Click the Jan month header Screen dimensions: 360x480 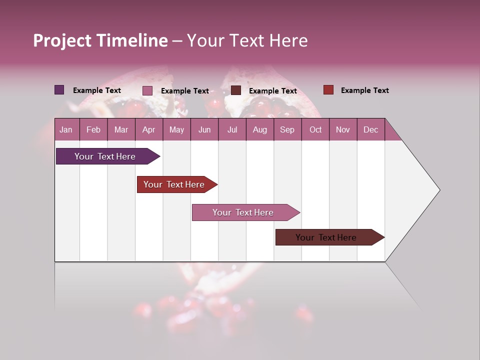pos(66,129)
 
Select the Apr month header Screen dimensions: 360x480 pos(148,129)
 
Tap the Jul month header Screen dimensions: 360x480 pos(232,129)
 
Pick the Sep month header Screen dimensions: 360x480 pos(287,129)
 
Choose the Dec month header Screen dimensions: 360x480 pos(370,129)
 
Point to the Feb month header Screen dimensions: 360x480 pos(93,129)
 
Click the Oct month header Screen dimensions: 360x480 pos(315,129)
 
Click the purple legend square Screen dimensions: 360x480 pos(59,90)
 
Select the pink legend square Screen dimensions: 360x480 pos(147,90)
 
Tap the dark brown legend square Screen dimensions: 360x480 pos(236,90)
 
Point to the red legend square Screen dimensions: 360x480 pos(328,90)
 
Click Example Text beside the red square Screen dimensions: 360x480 pos(364,90)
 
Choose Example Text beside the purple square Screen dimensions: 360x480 pos(96,90)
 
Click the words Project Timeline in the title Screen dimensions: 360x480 pos(100,40)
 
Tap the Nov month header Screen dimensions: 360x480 pos(343,129)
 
